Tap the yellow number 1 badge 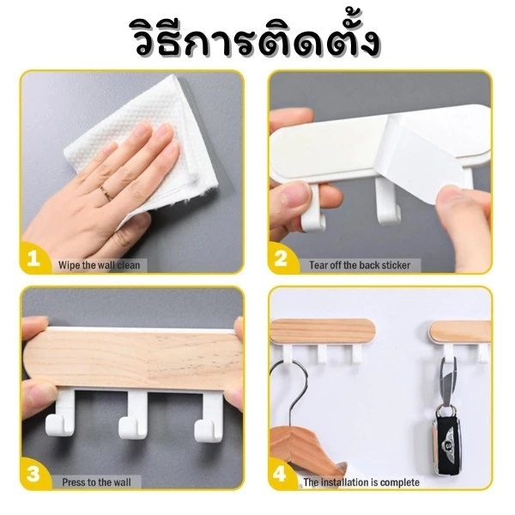pos(34,258)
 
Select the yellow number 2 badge pos(282,258)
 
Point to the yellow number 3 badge pos(34,475)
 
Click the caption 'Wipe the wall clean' pos(100,265)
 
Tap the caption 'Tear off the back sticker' pos(360,265)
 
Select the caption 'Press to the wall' pos(96,482)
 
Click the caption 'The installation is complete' pos(361,482)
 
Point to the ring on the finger pos(106,191)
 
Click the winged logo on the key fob pos(446,445)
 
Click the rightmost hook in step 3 pos(207,416)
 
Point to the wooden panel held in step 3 pos(133,360)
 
